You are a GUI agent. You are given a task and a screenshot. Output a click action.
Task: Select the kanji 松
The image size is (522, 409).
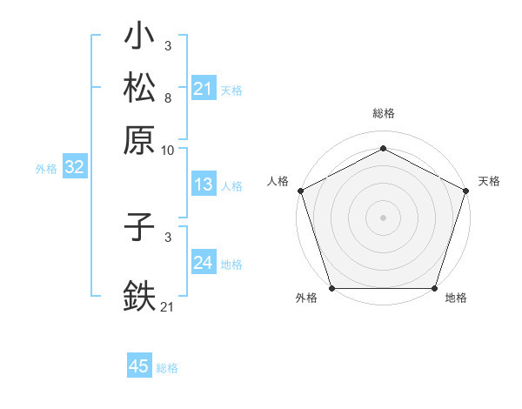pos(139,89)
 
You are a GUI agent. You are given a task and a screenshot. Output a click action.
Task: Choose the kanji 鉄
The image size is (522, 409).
pos(139,294)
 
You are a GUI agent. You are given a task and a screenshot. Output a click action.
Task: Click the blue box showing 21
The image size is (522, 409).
pos(204,89)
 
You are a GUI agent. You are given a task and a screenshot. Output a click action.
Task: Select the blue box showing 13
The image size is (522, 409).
pos(204,184)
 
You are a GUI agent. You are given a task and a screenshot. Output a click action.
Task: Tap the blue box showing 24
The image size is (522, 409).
pos(204,263)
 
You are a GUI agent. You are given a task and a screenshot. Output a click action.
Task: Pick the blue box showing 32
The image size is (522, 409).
pos(75,168)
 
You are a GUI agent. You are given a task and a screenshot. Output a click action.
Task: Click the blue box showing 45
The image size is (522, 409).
pos(139,366)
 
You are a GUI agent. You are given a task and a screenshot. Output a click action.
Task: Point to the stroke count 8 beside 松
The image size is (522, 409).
pos(167,97)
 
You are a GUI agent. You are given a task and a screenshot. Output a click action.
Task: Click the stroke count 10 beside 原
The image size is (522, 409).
pos(168,150)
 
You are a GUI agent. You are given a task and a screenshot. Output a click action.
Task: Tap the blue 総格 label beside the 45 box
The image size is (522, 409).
pos(167,368)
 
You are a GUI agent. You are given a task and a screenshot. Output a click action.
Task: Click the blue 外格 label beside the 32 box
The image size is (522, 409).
pos(46,169)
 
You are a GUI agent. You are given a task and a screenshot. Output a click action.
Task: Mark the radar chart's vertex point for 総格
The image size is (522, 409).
pos(383,148)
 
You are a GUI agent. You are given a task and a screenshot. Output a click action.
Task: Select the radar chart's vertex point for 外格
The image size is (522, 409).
pos(331,288)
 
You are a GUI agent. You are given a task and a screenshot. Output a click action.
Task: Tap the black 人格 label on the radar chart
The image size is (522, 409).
pos(278,181)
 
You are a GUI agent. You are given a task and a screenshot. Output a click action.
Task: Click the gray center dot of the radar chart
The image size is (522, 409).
pos(383,217)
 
